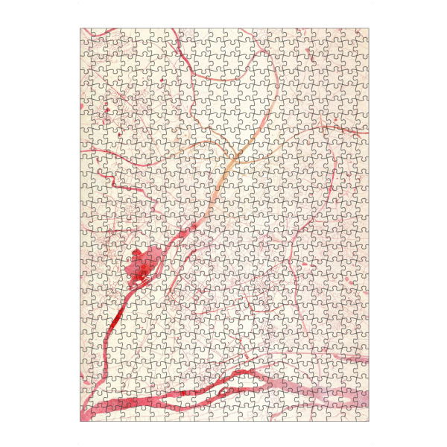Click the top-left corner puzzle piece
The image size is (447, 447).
pyautogui.click(x=86, y=34)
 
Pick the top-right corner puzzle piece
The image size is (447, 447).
pyautogui.click(x=362, y=34)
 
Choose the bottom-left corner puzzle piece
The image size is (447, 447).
pyautogui.click(x=86, y=415)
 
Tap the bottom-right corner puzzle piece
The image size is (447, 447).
pyautogui.click(x=362, y=415)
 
